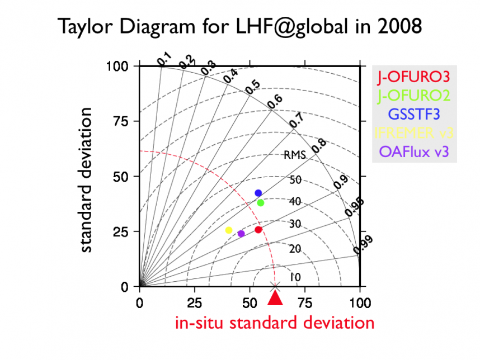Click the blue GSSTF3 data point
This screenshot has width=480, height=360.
[x=258, y=193]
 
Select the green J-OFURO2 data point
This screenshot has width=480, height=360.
[x=260, y=202]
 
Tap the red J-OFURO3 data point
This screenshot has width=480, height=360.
[x=258, y=230]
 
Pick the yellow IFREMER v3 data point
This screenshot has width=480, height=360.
[x=228, y=230]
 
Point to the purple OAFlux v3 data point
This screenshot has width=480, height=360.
[x=241, y=234]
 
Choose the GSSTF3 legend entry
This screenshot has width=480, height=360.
[x=414, y=113]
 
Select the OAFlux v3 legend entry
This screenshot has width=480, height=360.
[x=414, y=151]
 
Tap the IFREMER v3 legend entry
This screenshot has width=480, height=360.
[x=414, y=132]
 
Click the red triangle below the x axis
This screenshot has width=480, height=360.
[x=275, y=299]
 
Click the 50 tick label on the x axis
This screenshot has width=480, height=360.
[x=249, y=303]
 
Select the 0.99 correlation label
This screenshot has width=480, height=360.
[x=363, y=244]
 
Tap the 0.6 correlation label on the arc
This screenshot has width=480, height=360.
[x=275, y=102]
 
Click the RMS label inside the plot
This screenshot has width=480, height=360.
[x=294, y=155]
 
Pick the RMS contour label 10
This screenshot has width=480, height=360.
[x=295, y=277]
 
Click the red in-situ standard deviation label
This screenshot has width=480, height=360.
[x=275, y=323]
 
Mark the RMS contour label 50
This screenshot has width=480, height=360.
[x=295, y=179]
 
